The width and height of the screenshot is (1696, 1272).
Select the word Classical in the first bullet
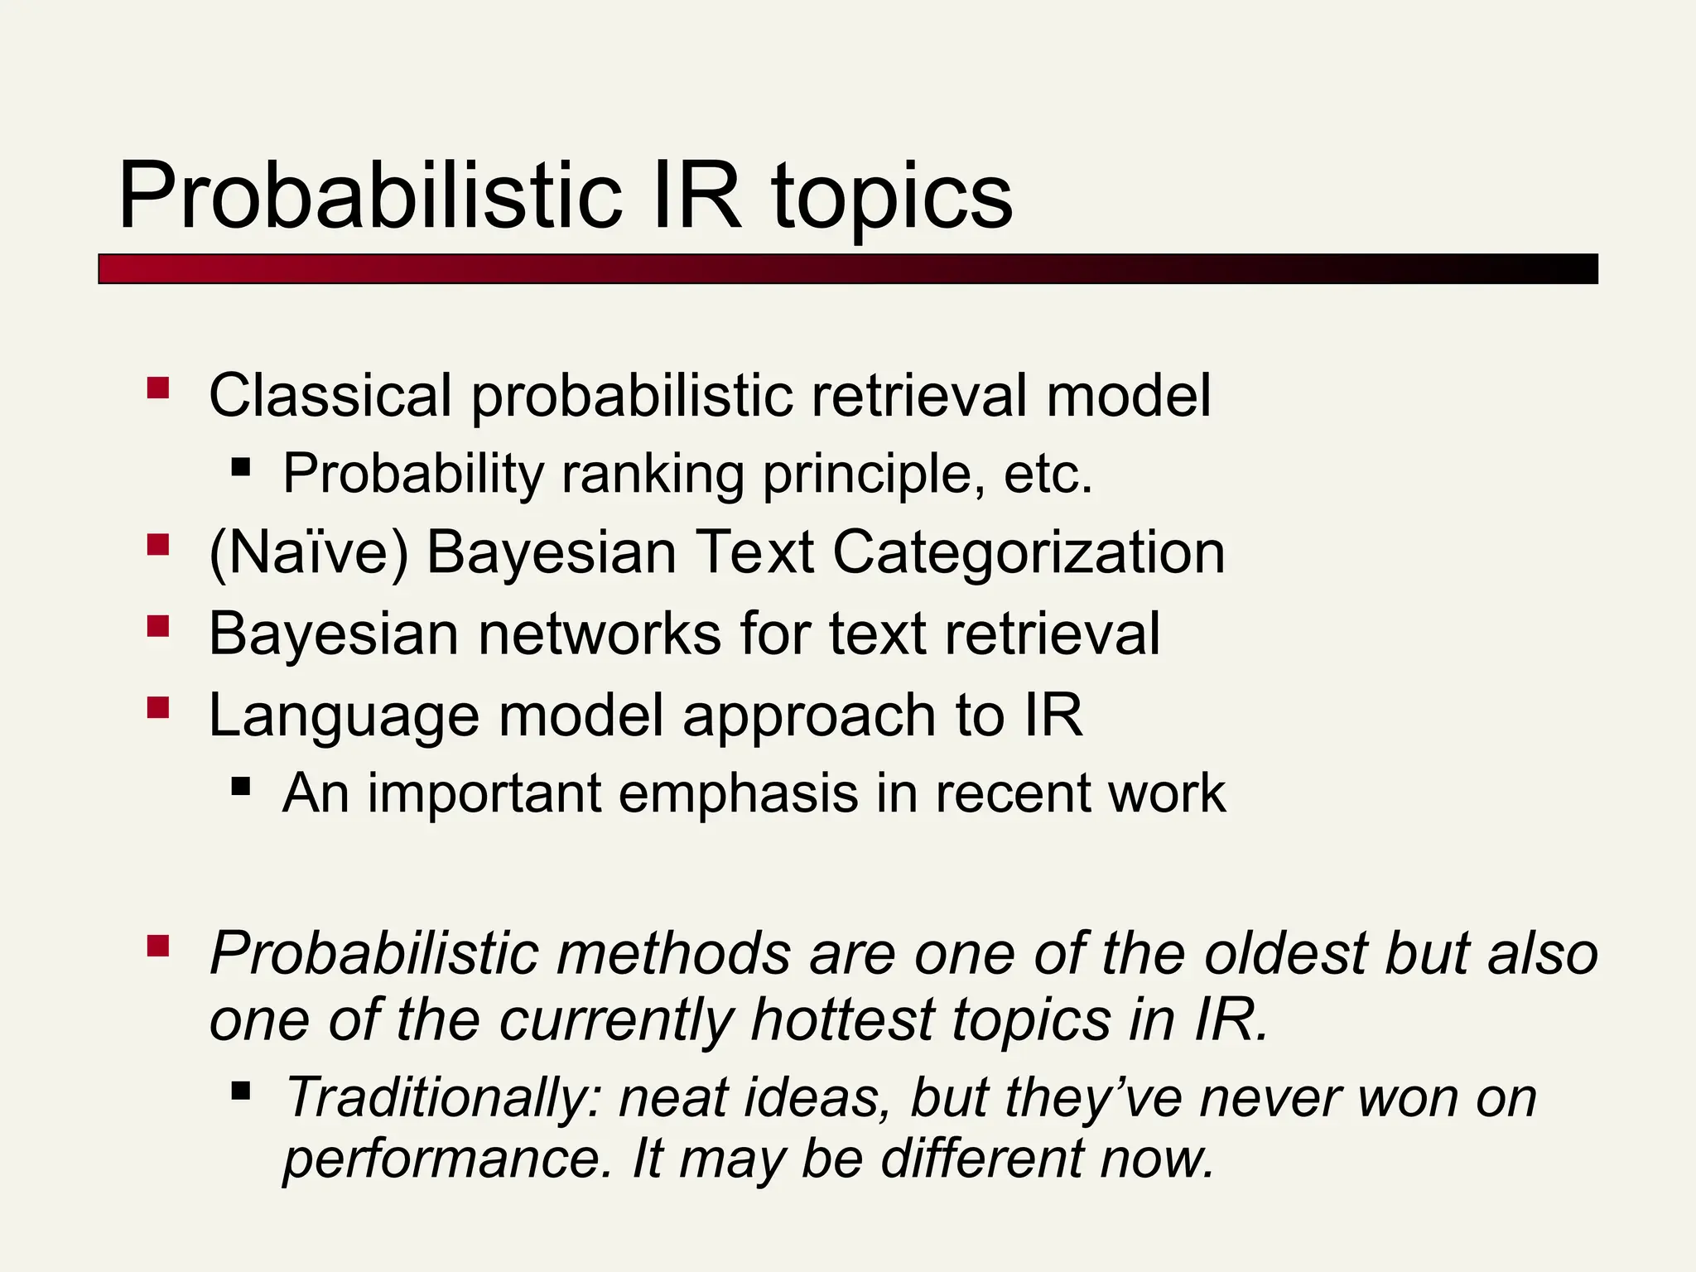pyautogui.click(x=330, y=396)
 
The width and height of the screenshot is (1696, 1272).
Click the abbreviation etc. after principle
pyautogui.click(x=1048, y=475)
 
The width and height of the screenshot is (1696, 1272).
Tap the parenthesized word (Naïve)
pyautogui.click(x=309, y=553)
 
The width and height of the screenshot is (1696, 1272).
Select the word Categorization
pyautogui.click(x=1028, y=553)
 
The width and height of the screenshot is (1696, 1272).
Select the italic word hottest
pyautogui.click(x=842, y=1019)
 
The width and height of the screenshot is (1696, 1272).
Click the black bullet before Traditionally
pyautogui.click(x=241, y=1090)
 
